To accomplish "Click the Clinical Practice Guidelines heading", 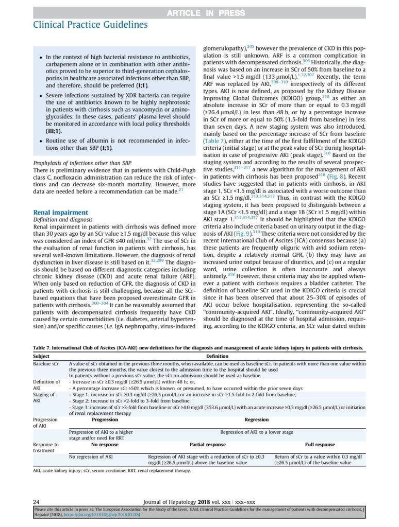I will tap(90, 24).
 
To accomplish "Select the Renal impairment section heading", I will tap(60, 212).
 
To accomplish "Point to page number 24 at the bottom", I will tap(37, 501).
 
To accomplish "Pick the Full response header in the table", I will tap(320, 444).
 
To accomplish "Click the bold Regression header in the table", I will tap(256, 419).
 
